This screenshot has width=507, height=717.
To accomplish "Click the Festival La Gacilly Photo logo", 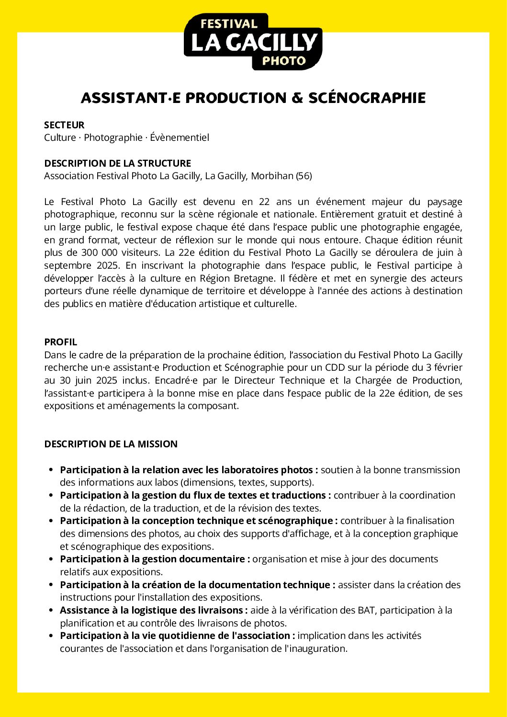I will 253,42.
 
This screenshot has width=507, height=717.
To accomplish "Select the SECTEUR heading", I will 64,125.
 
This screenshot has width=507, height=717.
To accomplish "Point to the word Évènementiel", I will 180,137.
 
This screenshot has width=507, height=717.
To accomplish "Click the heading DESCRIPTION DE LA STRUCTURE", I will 117,163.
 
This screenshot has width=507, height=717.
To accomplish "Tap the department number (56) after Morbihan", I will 304,176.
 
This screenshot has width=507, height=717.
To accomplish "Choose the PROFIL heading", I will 60,342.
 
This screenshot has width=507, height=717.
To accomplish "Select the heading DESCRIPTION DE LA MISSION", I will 111,444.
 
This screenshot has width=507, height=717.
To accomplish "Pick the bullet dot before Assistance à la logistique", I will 51,610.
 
